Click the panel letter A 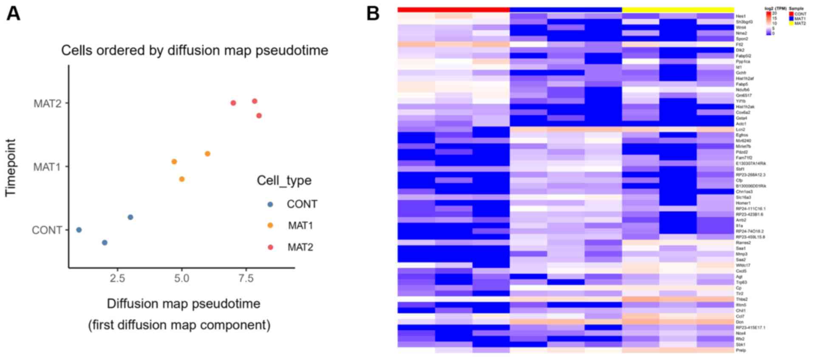coord(13,14)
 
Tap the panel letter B coord(373,14)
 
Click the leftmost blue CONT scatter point coord(79,230)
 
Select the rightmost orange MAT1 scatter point coord(207,154)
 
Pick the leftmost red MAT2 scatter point coord(233,103)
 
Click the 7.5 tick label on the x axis coord(246,278)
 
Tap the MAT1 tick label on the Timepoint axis coord(47,167)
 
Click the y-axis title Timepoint coord(11,168)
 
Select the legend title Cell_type coord(284,181)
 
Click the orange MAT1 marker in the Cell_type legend coord(270,226)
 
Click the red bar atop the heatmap coord(453,9)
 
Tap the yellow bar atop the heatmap coord(678,9)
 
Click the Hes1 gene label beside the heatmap coord(741,16)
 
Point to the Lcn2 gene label coord(741,130)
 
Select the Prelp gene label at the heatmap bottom coord(741,351)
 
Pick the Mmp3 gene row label coord(742,254)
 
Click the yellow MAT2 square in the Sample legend coord(791,23)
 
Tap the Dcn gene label coord(740,322)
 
